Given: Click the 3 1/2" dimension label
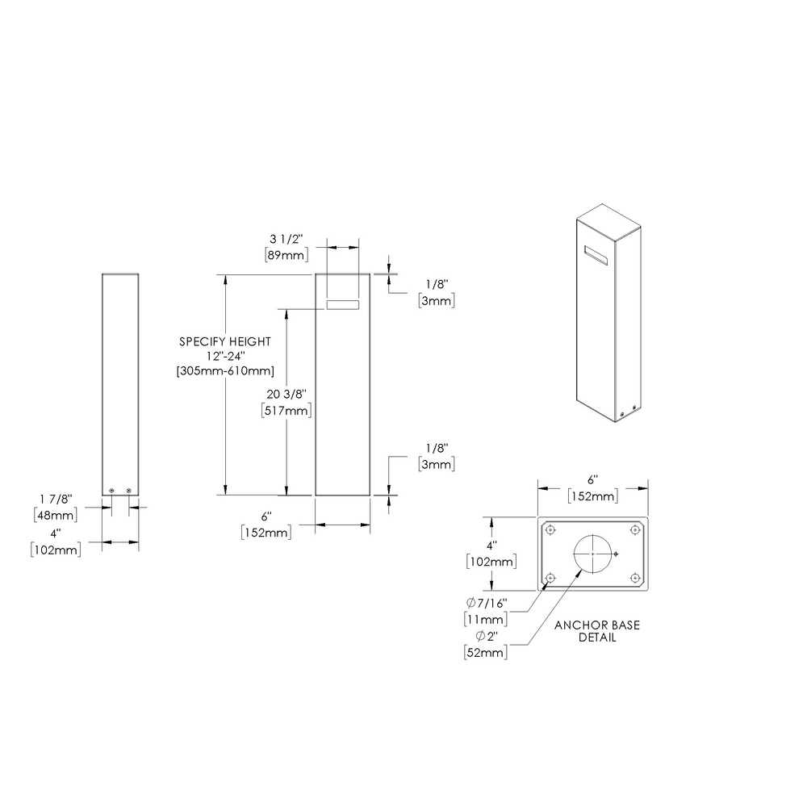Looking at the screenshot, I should pos(283,240).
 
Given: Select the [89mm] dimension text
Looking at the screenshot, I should pos(283,255).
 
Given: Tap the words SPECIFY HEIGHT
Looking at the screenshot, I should pos(225,341).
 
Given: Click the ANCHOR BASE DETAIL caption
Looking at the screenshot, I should pos(597,631).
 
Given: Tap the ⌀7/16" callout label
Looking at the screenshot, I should pos(487,604).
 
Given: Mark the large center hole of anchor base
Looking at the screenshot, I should pos(593,554).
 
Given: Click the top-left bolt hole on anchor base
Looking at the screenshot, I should pos(550,529).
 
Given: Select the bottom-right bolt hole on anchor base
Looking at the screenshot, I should pos(635,578).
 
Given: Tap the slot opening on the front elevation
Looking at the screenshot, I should pos(343,305).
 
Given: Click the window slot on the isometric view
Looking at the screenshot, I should pos(597,255).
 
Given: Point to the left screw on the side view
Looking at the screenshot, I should pos(112,490).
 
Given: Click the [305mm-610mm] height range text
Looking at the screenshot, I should pos(225,371).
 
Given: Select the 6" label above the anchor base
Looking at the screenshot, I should pos(593,479).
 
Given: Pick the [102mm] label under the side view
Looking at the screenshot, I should pos(54,550).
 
